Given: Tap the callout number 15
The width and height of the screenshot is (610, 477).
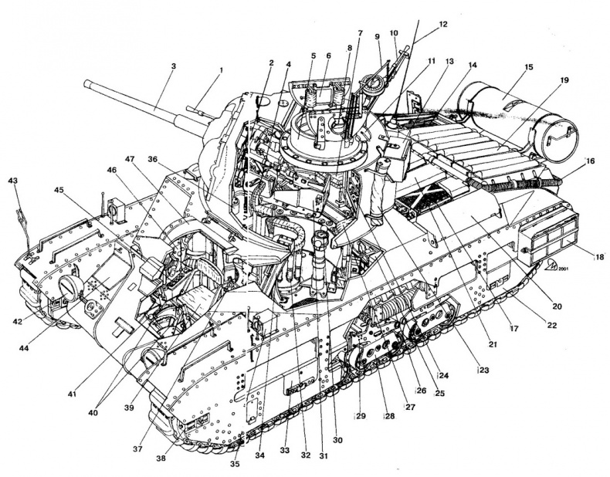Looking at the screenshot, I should pos(529,68).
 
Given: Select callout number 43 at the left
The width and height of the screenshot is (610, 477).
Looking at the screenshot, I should pos(13,181).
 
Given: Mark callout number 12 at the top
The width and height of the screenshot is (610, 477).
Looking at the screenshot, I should pos(442,24).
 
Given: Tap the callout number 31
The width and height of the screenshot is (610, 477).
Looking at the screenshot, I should pos(324,455).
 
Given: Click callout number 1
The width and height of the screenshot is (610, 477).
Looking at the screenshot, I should pos(221,70).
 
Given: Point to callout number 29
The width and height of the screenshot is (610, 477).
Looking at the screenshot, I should pos(360,416).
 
